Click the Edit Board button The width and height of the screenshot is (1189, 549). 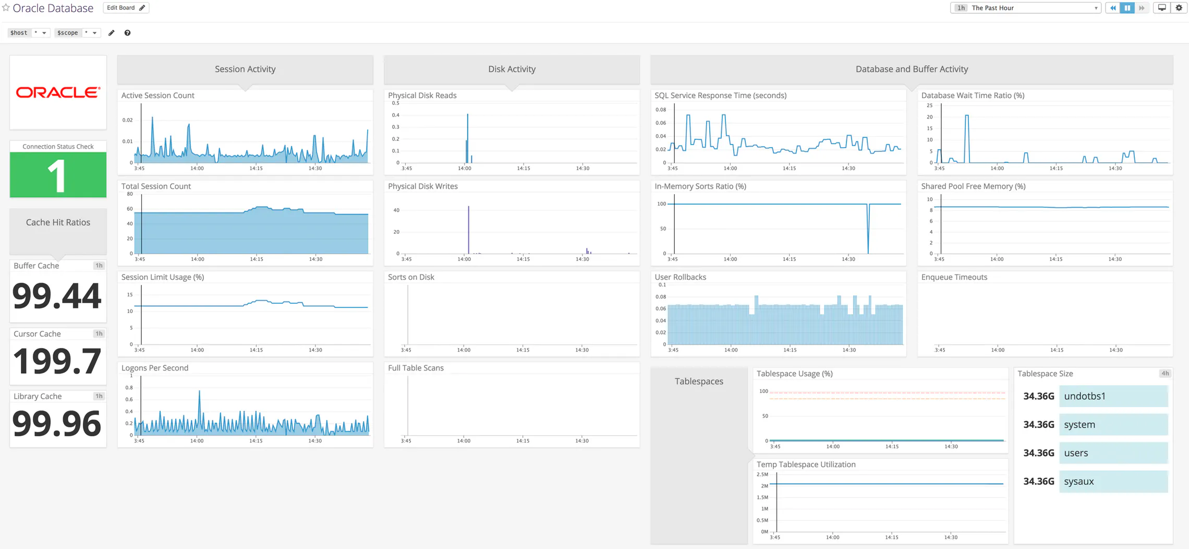point(126,8)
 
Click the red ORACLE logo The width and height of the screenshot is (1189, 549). point(58,92)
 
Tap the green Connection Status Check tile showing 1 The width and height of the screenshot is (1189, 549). point(58,174)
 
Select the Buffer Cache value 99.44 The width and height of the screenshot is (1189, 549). point(57,296)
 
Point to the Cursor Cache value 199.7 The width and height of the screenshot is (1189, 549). point(57,361)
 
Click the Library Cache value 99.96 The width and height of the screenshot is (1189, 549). point(57,423)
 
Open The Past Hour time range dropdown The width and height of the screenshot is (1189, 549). point(1025,8)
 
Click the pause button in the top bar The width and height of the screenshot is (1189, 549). point(1127,8)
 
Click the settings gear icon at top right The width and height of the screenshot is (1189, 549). point(1179,8)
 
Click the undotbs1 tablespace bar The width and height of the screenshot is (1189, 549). point(1113,396)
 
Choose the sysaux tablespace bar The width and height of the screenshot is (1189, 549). point(1113,481)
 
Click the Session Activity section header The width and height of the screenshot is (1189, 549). point(245,69)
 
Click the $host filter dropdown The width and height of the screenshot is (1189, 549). point(28,32)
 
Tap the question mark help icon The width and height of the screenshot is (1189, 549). point(127,33)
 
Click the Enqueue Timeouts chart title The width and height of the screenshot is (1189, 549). point(954,277)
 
